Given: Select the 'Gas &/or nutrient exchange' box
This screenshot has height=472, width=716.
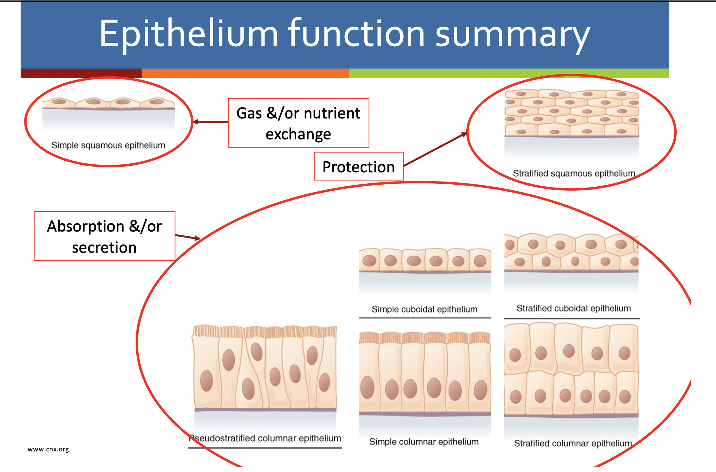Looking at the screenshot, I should tap(298, 123).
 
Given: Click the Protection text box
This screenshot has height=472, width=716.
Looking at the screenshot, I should tap(359, 167).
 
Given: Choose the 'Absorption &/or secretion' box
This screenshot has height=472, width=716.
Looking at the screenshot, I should tap(105, 236).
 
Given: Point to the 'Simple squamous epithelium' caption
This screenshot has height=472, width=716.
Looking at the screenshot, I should tap(108, 145).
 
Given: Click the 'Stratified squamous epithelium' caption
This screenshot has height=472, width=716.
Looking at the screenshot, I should tap(574, 174).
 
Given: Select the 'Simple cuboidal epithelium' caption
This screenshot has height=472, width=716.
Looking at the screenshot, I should tap(425, 309).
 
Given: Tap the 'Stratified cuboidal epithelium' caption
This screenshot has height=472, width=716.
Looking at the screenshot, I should tap(574, 308).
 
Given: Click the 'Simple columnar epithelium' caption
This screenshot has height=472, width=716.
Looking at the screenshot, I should tap(424, 442).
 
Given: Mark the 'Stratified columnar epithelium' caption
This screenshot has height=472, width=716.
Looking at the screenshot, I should tap(573, 443).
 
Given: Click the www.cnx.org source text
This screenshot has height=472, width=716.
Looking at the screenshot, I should tap(48, 449).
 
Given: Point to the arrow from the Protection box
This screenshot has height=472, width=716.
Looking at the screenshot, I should tap(435, 150).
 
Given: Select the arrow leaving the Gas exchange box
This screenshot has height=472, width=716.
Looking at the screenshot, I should tap(210, 122).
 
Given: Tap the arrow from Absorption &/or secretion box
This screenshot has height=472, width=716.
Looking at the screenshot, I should tap(188, 237).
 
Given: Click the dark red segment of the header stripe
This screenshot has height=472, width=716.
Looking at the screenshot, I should tap(81, 73).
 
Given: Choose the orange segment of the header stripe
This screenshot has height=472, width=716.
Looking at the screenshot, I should tap(245, 73).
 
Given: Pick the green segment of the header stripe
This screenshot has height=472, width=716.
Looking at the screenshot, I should tap(509, 73).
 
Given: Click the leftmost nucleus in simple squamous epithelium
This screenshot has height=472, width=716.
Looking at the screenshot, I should tap(59, 102).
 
